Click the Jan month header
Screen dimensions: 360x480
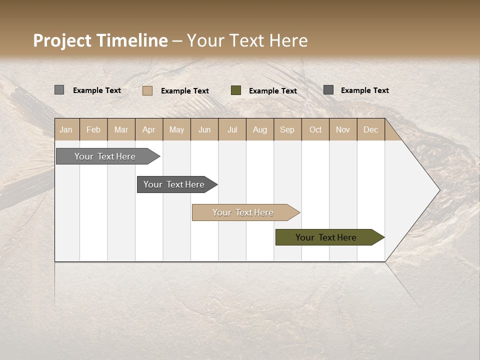point(66,129)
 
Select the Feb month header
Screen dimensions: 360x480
point(93,129)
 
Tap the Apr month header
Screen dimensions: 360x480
point(149,129)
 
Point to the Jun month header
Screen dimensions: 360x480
point(204,129)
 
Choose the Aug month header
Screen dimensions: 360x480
point(260,129)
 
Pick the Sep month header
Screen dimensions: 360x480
point(287,129)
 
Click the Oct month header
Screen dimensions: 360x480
point(315,129)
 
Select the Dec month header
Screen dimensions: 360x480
point(371,129)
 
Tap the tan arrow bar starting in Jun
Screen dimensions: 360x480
point(244,212)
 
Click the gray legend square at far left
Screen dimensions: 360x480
point(59,90)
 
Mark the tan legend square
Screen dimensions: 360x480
point(147,90)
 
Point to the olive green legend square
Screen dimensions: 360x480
point(236,90)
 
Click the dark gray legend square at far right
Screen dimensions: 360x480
point(328,90)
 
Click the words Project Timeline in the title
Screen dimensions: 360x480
point(100,40)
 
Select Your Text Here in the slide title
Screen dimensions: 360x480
point(247,40)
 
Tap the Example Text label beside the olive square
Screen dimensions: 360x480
point(273,90)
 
